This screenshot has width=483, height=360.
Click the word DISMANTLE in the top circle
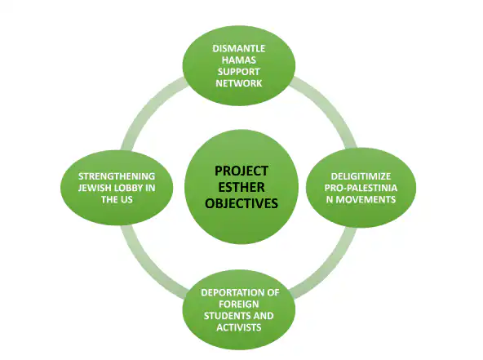(237, 48)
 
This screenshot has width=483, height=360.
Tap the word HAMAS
(237, 60)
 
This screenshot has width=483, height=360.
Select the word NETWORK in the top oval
(237, 84)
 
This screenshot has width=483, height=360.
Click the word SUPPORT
(237, 72)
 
